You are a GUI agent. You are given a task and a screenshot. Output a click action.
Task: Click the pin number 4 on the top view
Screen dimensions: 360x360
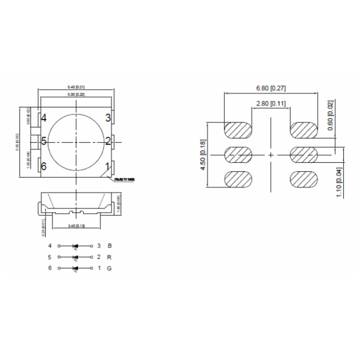(43, 117)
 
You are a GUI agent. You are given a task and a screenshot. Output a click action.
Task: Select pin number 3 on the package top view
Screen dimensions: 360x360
(109, 117)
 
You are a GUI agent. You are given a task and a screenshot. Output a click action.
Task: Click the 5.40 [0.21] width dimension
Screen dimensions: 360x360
(76, 87)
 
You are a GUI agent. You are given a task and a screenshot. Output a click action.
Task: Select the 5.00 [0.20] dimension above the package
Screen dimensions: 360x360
(76, 95)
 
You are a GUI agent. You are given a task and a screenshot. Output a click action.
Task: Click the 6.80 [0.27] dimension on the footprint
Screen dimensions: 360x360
(270, 89)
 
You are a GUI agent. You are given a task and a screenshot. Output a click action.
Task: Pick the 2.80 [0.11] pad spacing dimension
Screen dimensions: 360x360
(270, 104)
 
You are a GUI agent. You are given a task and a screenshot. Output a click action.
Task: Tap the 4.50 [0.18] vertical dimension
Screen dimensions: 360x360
(203, 155)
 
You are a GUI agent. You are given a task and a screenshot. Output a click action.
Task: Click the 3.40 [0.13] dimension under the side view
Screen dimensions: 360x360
(76, 225)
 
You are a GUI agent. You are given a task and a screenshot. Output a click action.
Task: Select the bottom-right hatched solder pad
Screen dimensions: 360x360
(304, 179)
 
